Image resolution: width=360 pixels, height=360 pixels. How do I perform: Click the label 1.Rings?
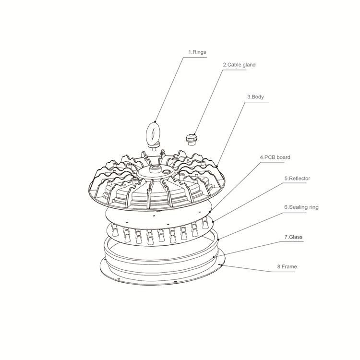point(197,52)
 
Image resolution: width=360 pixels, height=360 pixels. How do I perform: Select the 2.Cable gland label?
point(239,65)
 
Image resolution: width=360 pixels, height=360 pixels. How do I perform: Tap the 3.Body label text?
point(255,97)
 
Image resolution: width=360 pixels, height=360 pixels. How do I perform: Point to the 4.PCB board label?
point(275,157)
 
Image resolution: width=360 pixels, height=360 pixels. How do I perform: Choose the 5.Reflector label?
point(297,179)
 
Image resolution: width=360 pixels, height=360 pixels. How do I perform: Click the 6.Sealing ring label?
point(301,207)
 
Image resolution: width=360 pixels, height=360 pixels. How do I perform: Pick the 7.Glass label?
point(293,237)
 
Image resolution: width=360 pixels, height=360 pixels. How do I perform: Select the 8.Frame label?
point(287,266)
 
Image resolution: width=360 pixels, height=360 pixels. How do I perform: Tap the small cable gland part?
point(192,139)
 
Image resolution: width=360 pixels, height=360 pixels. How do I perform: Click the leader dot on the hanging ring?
point(156,121)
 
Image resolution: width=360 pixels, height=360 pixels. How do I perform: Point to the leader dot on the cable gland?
point(195,134)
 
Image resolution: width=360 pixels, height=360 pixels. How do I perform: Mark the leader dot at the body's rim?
point(217,166)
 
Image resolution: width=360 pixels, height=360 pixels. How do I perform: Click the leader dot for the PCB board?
point(210,212)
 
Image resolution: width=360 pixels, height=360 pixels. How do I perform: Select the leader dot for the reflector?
point(214,221)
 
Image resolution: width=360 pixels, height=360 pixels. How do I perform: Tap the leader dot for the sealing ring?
point(218,240)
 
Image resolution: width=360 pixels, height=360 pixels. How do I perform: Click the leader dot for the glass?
point(214,257)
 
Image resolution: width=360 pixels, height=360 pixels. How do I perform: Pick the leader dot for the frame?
point(221,264)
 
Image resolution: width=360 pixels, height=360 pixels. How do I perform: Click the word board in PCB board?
point(283,157)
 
